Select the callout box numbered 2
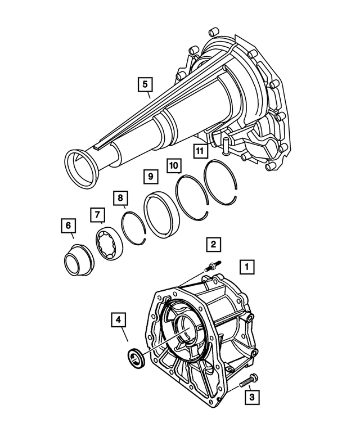pyautogui.click(x=213, y=244)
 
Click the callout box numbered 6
pyautogui.click(x=68, y=226)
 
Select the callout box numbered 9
pyautogui.click(x=150, y=177)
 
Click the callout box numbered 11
pyautogui.click(x=199, y=150)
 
